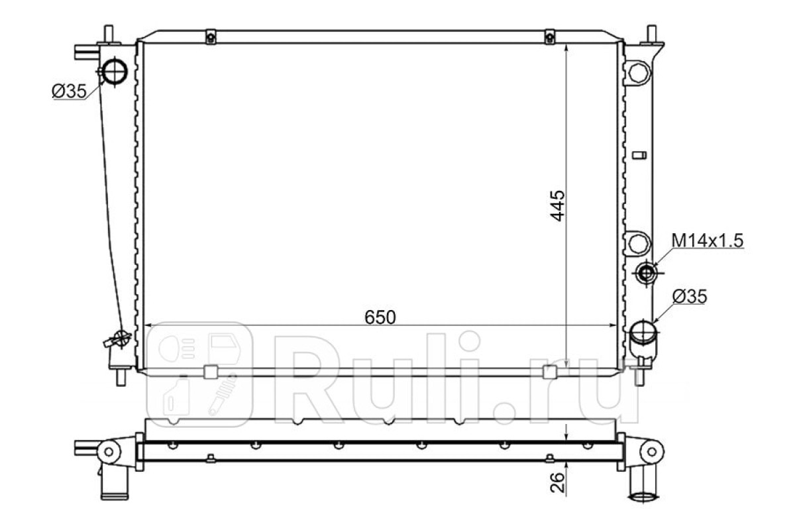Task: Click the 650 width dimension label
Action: [x=380, y=317]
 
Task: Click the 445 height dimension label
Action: [x=557, y=206]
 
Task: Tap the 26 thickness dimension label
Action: [x=557, y=482]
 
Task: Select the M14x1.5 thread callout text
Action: [x=708, y=240]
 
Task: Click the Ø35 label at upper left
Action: [x=69, y=91]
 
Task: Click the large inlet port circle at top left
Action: [x=114, y=72]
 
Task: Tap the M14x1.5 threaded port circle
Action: [x=646, y=273]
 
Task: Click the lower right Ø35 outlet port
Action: [x=643, y=333]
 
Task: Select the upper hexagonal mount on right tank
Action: [x=639, y=73]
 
